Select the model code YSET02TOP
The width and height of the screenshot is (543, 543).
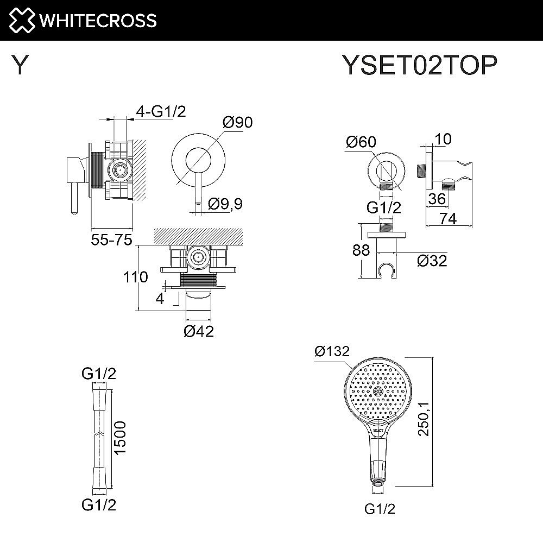click(419, 66)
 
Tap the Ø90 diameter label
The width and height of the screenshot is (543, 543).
click(238, 123)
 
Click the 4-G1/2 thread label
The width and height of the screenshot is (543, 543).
click(161, 112)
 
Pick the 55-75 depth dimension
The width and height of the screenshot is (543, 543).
click(112, 239)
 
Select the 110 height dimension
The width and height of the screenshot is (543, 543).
click(135, 277)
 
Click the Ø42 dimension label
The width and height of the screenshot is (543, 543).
click(199, 331)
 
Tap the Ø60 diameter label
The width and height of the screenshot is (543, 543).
click(361, 142)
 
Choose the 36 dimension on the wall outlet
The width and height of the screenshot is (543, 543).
click(435, 199)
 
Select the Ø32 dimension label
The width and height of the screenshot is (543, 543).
click(432, 261)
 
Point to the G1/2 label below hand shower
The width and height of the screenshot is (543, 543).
click(378, 509)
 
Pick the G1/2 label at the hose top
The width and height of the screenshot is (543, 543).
click(99, 374)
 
